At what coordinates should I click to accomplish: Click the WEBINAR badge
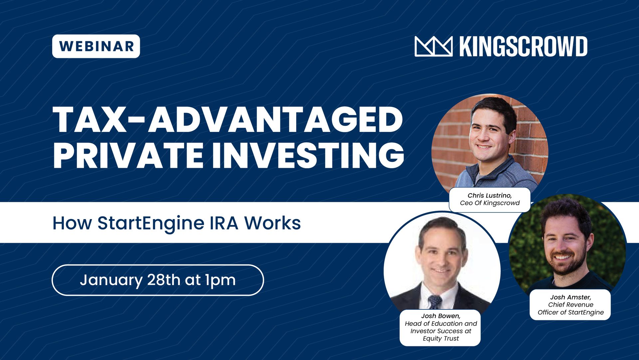coord(96,46)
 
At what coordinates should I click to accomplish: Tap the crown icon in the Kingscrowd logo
coord(433,46)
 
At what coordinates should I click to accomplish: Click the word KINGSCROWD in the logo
coord(523,46)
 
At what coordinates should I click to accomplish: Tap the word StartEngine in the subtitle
coord(150,223)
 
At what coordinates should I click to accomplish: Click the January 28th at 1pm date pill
coord(158,280)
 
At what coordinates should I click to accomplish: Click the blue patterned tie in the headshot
coord(435,302)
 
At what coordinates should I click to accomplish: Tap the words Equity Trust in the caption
coord(441,339)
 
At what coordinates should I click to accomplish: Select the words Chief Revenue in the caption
coord(570,305)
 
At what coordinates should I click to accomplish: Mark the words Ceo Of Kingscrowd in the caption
coord(490,203)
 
